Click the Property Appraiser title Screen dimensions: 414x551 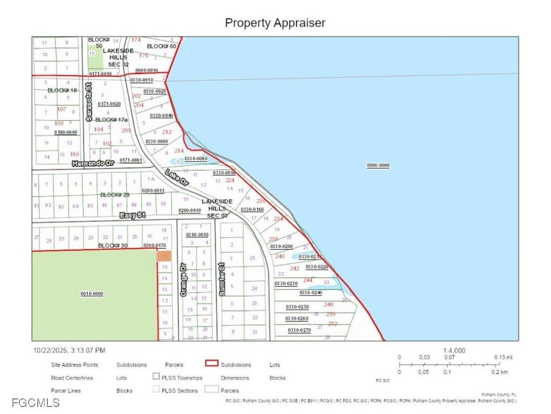point(275,23)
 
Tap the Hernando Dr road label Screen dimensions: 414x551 point(93,163)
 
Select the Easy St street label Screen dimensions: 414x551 point(132,215)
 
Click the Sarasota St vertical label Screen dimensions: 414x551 point(89,101)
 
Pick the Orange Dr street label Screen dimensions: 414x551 point(183,280)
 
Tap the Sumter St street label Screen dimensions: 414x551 point(221,279)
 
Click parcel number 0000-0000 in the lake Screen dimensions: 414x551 point(378,165)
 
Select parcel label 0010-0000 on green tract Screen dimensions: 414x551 point(91,294)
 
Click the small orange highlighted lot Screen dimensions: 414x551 point(164,256)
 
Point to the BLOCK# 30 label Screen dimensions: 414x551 point(112,246)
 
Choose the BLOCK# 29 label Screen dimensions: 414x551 point(115,195)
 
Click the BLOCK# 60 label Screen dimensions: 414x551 point(161,46)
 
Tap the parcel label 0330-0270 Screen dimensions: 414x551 point(299,330)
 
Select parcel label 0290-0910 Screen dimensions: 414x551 point(189,210)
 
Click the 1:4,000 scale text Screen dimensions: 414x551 point(455,350)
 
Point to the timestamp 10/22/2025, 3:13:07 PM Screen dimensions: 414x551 point(69,350)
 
